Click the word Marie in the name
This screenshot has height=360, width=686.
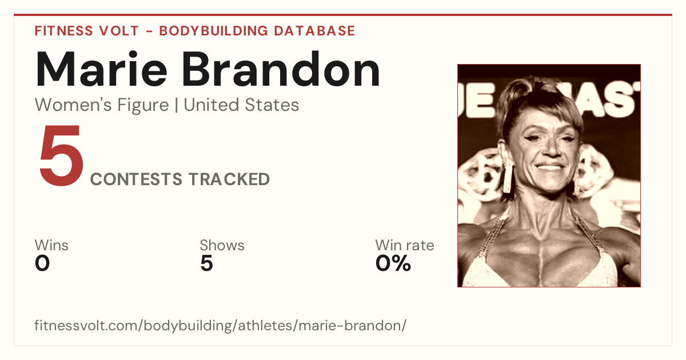101,69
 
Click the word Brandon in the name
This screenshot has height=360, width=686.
281,69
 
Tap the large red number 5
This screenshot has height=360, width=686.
61,155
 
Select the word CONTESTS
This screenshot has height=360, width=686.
136,179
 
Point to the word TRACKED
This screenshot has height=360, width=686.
229,179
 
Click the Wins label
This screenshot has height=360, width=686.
51,245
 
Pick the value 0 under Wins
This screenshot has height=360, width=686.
42,263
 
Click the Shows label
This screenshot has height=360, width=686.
222,245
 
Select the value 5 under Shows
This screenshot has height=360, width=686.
206,263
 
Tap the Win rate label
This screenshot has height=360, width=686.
405,245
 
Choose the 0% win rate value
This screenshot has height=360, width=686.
393,263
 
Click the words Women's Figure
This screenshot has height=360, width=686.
102,105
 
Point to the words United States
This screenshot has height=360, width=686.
241,105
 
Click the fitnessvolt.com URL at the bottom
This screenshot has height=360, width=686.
221,325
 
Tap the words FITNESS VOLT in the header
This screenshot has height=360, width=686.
87,31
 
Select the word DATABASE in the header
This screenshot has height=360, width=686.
314,31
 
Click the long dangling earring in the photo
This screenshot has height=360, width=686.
508,177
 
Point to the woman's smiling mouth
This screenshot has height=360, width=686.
549,167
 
